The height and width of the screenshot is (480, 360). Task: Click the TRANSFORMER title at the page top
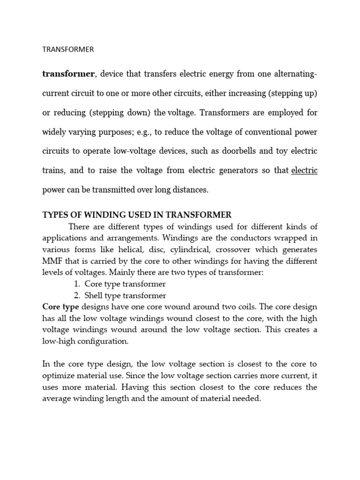click(x=68, y=49)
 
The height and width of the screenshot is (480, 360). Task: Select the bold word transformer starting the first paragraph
click(x=68, y=74)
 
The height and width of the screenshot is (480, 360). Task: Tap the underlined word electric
click(x=304, y=171)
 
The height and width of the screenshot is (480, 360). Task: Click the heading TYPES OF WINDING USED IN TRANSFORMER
click(x=137, y=215)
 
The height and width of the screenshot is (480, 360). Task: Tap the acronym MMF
click(x=52, y=261)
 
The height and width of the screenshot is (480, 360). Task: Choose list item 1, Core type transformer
click(x=125, y=284)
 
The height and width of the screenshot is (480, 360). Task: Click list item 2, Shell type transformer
click(x=125, y=295)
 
